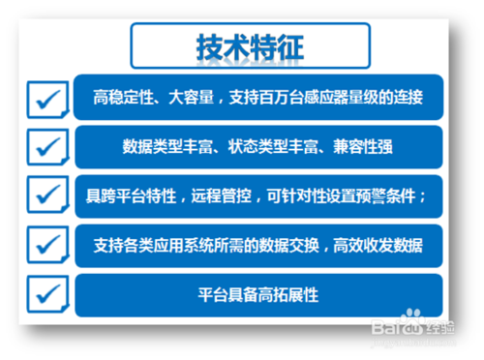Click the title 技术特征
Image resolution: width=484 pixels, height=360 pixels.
(250, 47)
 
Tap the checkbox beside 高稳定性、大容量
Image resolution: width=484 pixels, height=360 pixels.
(47, 100)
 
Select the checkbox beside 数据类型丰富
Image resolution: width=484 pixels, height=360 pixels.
(47, 147)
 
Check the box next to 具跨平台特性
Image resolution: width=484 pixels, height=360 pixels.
(47, 195)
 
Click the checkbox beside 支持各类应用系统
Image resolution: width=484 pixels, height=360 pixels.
(47, 245)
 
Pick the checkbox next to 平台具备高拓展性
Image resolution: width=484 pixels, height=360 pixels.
(47, 294)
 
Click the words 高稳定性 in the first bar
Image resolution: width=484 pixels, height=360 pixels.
(123, 98)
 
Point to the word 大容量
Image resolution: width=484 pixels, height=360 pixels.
(191, 98)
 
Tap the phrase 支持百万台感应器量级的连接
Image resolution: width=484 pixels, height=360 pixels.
(326, 98)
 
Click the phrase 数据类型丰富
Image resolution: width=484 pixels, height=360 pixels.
(167, 147)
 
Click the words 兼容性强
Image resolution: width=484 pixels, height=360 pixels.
(363, 147)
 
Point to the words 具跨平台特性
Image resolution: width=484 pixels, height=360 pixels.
(131, 196)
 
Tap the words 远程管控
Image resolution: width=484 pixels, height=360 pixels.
(222, 196)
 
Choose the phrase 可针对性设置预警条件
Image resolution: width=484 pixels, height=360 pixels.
(342, 196)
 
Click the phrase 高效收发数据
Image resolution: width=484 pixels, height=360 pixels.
(378, 246)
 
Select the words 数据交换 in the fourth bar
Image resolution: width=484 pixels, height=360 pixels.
(289, 246)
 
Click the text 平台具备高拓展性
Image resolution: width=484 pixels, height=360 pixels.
(258, 295)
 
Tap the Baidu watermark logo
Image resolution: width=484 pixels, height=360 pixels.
(413, 327)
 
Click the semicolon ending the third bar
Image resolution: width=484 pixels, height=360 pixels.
(423, 196)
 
